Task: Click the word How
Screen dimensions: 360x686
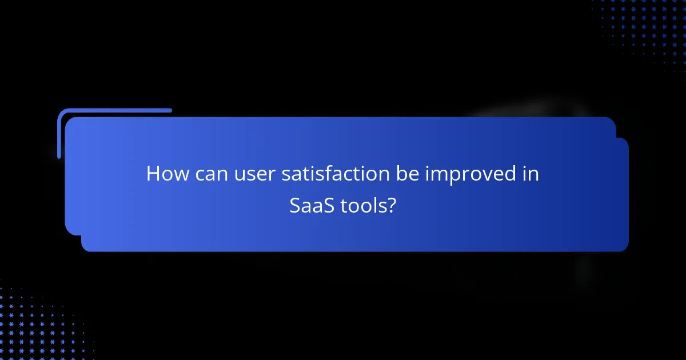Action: pyautogui.click(x=165, y=174)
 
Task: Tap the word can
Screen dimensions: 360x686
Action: pyautogui.click(x=208, y=174)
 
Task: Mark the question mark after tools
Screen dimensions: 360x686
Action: pyautogui.click(x=390, y=206)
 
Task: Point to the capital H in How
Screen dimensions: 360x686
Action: pyautogui.click(x=153, y=174)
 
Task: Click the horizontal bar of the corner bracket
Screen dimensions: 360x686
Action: pyautogui.click(x=114, y=110)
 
